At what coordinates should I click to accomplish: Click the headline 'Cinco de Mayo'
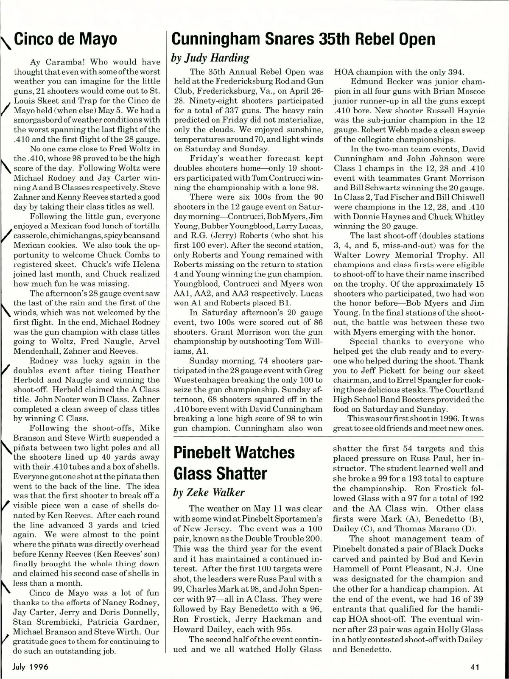[66, 39]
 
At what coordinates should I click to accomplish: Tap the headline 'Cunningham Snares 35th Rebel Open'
[303, 39]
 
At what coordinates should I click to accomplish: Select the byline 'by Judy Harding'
[210, 58]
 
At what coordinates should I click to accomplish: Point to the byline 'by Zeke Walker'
[208, 492]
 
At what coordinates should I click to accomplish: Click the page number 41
[475, 667]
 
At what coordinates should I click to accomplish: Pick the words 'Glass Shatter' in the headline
[220, 473]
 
